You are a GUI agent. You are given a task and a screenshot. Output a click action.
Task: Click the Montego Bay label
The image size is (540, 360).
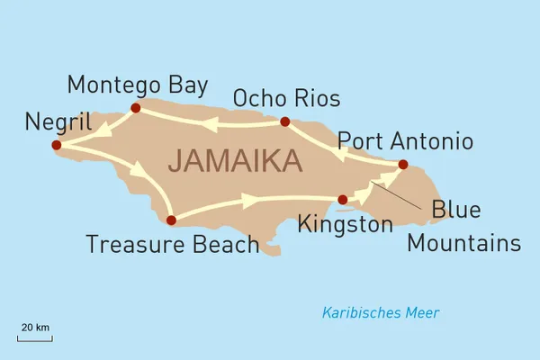(138, 85)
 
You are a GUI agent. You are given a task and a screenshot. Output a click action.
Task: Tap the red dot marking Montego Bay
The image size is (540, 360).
(136, 108)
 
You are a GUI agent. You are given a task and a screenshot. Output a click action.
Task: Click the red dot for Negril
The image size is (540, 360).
(56, 145)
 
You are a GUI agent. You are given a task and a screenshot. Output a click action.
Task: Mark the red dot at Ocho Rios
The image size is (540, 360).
(284, 121)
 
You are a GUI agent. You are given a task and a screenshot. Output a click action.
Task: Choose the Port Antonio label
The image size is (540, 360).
(404, 141)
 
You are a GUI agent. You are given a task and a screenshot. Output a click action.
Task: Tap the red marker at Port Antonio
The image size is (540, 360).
(402, 164)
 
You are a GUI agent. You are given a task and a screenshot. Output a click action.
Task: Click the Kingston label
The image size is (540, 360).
(346, 224)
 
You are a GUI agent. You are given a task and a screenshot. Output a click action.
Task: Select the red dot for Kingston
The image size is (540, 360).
(342, 200)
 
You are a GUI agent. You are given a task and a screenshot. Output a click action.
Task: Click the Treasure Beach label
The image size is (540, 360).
(173, 244)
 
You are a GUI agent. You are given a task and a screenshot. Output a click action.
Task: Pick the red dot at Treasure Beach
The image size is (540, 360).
(171, 220)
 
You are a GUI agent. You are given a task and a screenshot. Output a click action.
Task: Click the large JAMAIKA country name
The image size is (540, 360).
(234, 161)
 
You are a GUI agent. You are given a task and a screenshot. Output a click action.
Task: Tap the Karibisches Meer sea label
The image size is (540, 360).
(381, 313)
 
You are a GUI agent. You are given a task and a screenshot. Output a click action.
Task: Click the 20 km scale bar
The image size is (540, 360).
(35, 339)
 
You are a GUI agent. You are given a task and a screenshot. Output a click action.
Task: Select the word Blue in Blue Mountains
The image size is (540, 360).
(455, 211)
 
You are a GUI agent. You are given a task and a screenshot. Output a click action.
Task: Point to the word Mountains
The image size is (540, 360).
(463, 243)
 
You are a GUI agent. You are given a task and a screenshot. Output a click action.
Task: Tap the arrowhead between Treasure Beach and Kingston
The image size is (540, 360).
(248, 202)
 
